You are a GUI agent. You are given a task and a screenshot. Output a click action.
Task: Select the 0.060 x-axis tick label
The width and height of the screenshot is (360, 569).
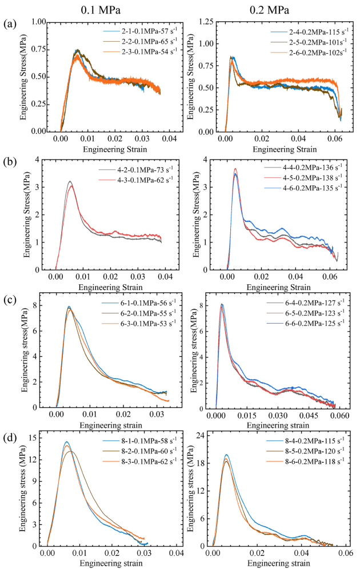click(x=342, y=418)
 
